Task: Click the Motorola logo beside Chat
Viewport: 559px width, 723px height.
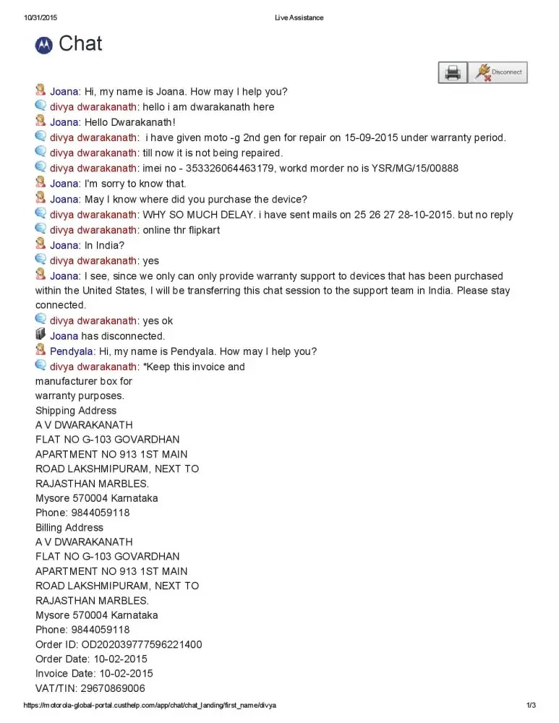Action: coord(44,45)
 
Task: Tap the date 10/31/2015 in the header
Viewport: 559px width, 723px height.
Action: coord(40,17)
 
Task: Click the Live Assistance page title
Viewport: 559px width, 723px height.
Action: coord(299,17)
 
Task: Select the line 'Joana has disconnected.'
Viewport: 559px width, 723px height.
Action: coord(107,336)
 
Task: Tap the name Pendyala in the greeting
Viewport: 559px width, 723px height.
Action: coord(71,351)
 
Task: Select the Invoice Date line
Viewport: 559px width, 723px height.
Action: coord(94,674)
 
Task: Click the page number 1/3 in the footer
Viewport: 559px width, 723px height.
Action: coord(530,706)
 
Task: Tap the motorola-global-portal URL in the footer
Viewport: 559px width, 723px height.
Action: coord(150,706)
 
